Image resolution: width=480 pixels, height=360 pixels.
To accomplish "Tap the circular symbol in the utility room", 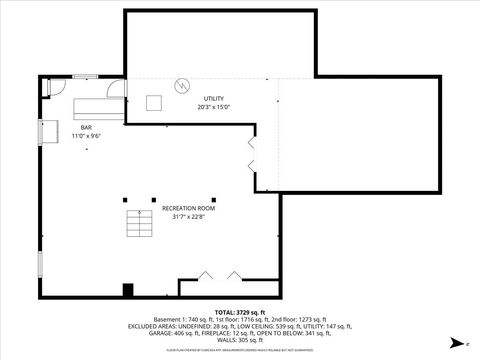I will [182, 85].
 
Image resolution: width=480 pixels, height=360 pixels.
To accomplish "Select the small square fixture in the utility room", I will [155, 102].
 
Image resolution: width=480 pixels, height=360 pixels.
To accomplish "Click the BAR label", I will [86, 127].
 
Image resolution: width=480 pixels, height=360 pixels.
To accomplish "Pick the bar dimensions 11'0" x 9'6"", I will [86, 136].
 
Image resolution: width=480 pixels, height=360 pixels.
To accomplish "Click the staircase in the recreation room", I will [137, 225].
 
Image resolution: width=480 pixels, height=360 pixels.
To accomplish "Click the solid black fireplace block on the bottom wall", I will [127, 290].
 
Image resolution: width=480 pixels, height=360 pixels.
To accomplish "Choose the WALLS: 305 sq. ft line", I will [240, 341].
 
